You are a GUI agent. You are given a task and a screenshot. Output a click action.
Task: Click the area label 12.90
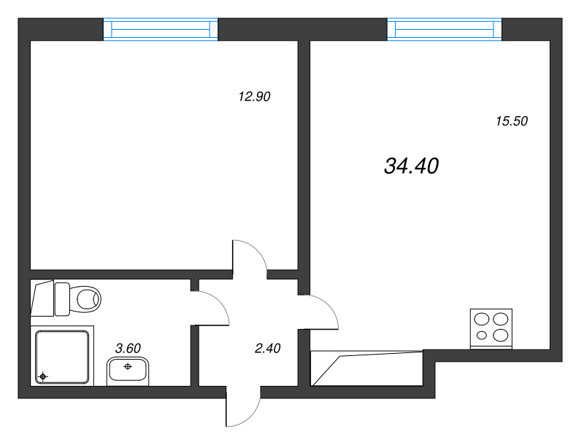[x=254, y=96]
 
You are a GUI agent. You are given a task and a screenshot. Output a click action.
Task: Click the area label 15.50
[x=511, y=122]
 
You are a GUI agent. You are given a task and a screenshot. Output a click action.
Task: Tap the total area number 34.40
[x=410, y=166]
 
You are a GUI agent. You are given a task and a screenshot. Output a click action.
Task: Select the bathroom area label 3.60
[x=128, y=348]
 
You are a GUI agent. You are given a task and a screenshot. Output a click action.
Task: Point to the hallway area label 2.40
[x=267, y=348]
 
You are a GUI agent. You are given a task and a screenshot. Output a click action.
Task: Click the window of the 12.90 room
[x=161, y=29]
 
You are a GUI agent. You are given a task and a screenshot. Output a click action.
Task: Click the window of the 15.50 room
[x=445, y=29]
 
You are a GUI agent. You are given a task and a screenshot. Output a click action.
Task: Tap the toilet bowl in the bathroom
[x=85, y=298]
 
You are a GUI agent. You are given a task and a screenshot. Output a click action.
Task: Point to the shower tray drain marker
[x=43, y=376]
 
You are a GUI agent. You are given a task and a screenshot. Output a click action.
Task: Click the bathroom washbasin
[x=128, y=371]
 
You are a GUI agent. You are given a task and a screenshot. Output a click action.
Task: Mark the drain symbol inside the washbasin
[x=128, y=366]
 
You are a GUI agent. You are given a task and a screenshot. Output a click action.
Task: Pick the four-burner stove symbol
[x=491, y=328]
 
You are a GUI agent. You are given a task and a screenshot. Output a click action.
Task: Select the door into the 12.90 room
[x=250, y=258]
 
